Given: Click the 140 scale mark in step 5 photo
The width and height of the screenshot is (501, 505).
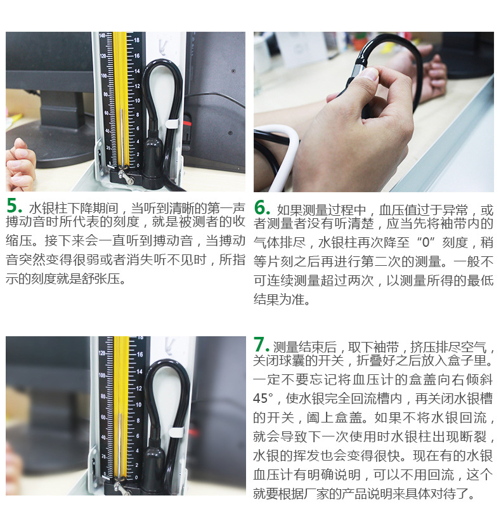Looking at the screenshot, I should [102, 36].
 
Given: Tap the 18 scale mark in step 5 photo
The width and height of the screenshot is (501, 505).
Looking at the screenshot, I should [136, 40].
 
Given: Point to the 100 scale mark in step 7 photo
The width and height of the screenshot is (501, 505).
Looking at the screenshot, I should [102, 376].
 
